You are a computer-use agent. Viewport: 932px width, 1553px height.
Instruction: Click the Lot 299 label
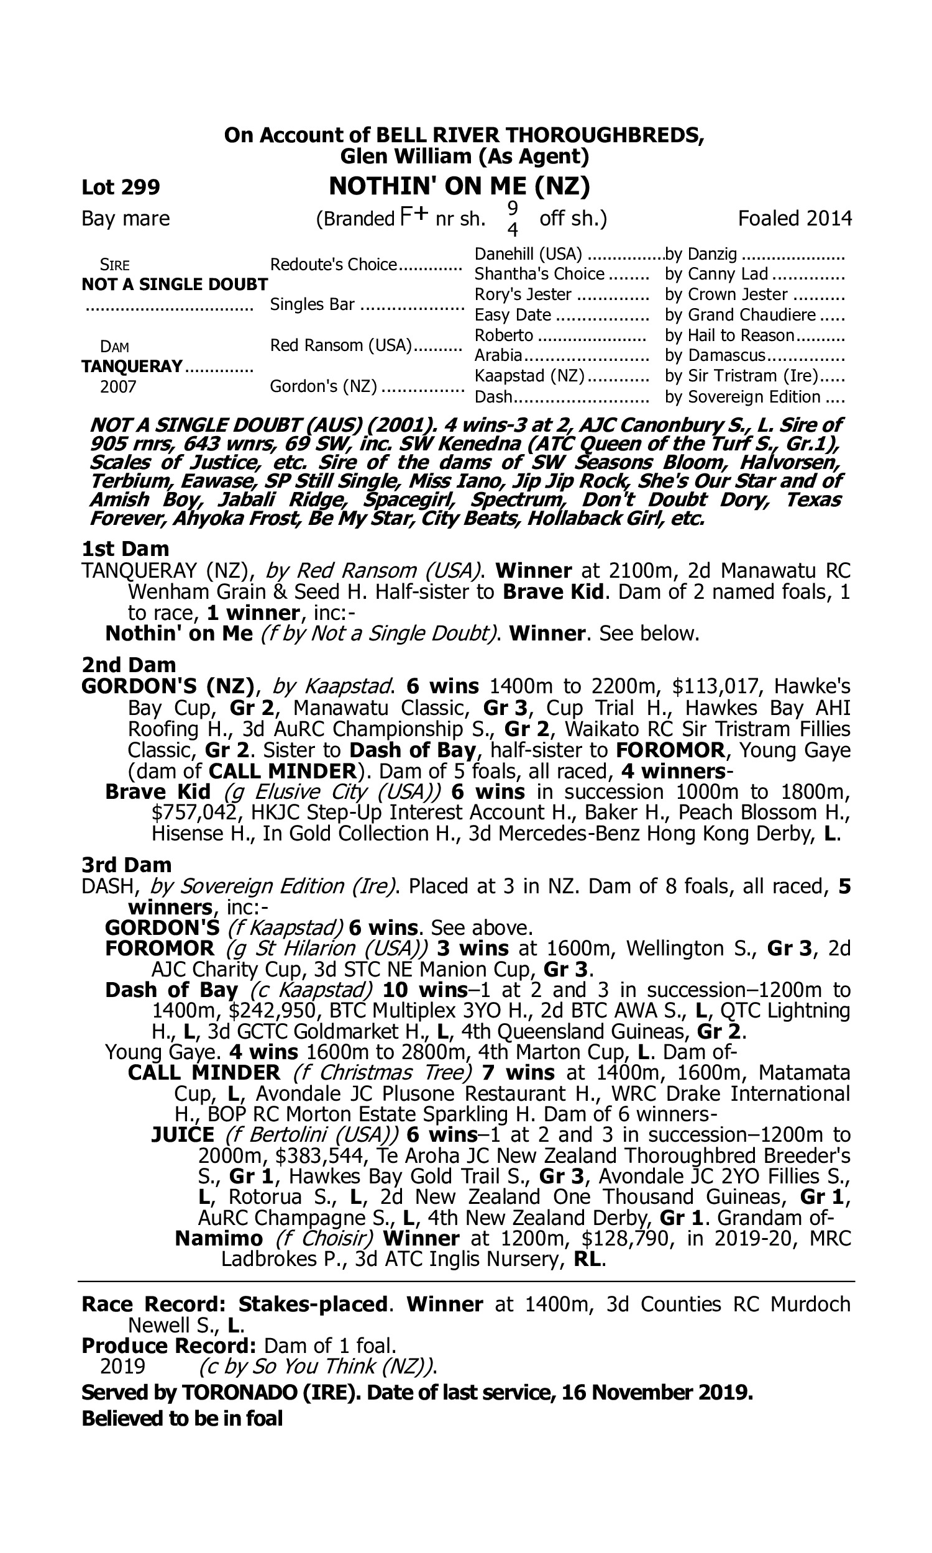click(121, 187)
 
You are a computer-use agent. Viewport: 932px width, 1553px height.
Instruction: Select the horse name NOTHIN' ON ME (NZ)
click(459, 186)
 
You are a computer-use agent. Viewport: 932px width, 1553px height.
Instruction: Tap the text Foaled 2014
click(795, 219)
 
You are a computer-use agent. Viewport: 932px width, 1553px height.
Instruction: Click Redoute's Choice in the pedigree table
click(334, 264)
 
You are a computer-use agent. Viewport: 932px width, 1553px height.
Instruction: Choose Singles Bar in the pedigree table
click(313, 304)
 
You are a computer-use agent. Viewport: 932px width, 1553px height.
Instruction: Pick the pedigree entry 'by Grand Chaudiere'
click(741, 314)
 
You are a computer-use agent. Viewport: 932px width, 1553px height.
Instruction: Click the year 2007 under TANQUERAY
click(118, 386)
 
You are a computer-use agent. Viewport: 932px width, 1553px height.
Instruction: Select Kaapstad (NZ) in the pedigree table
click(529, 375)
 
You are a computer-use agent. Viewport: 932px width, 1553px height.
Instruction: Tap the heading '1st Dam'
click(126, 549)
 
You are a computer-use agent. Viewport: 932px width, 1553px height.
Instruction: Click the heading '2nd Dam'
click(129, 664)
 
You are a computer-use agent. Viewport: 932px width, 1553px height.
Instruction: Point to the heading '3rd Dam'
click(127, 864)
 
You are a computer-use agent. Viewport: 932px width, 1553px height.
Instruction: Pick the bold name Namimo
click(219, 1238)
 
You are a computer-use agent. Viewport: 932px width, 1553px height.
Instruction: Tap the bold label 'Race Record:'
click(153, 1304)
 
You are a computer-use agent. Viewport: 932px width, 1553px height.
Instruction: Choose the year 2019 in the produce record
click(122, 1366)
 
